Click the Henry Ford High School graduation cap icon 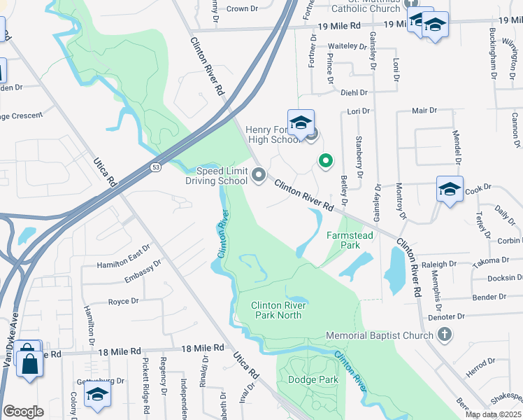301,122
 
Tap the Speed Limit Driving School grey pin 259,174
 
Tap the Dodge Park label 313,379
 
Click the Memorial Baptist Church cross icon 443,335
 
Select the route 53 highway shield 155,168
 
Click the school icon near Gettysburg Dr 97,394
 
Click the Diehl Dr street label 354,92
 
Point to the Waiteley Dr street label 348,46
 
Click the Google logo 23,411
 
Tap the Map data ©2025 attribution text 493,414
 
